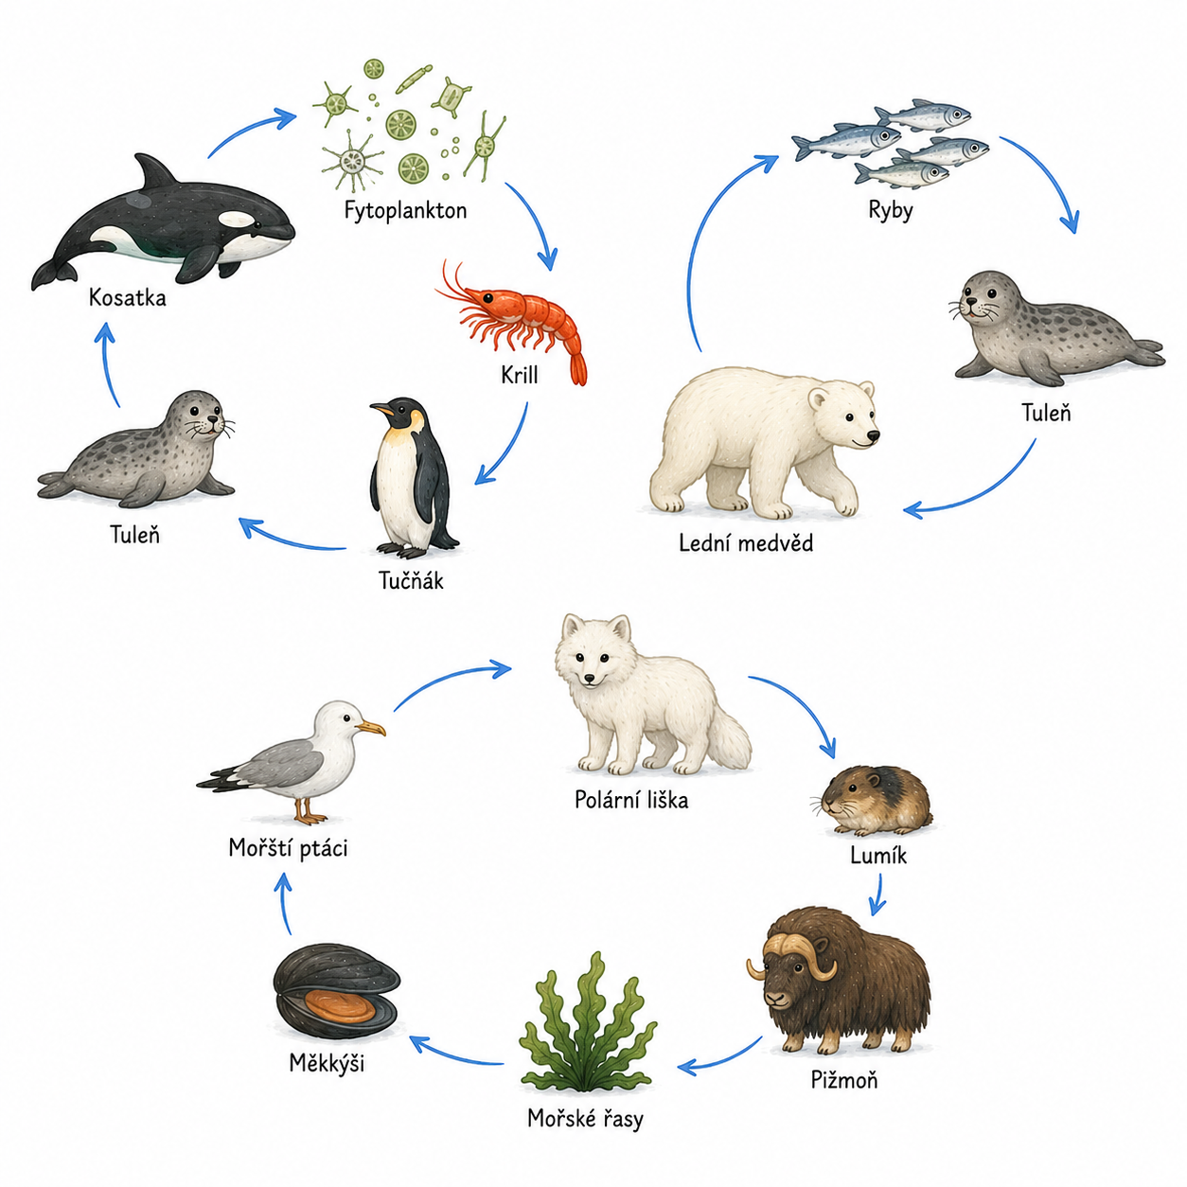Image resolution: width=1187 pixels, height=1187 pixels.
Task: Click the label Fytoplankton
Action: click(x=405, y=211)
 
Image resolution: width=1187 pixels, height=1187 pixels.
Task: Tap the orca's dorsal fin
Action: click(x=155, y=171)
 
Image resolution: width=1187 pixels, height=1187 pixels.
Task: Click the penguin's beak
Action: click(x=381, y=408)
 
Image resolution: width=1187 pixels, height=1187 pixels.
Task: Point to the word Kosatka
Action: click(x=128, y=298)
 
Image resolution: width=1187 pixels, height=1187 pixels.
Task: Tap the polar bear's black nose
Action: click(x=873, y=436)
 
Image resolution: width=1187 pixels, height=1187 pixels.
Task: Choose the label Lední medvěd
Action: click(x=746, y=542)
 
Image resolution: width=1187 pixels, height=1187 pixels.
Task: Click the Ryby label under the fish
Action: click(x=890, y=211)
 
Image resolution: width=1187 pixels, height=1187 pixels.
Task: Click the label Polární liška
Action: click(x=631, y=800)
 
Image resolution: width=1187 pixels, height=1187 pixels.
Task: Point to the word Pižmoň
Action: click(x=844, y=1080)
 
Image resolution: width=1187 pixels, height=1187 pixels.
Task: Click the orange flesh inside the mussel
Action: click(x=339, y=1005)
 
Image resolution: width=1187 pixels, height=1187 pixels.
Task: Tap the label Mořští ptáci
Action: click(x=289, y=848)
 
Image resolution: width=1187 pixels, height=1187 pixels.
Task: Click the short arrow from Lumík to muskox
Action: click(x=877, y=895)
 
